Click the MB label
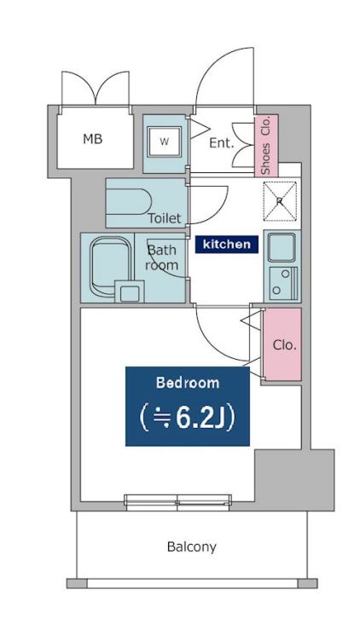tap(93, 139)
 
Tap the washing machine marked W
tap(165, 142)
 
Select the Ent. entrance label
tap(222, 143)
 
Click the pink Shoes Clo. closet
tap(266, 145)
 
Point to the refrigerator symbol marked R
tap(281, 201)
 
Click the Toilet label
tap(165, 218)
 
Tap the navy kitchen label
tap(227, 245)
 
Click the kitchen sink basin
tap(282, 247)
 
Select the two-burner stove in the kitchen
tap(283, 283)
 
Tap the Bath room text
tap(161, 257)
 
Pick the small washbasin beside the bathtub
tap(130, 292)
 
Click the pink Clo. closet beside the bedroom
tap(282, 344)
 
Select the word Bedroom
tap(188, 383)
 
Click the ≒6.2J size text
tap(188, 418)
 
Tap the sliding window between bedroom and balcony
tap(177, 502)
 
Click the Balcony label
tap(192, 547)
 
